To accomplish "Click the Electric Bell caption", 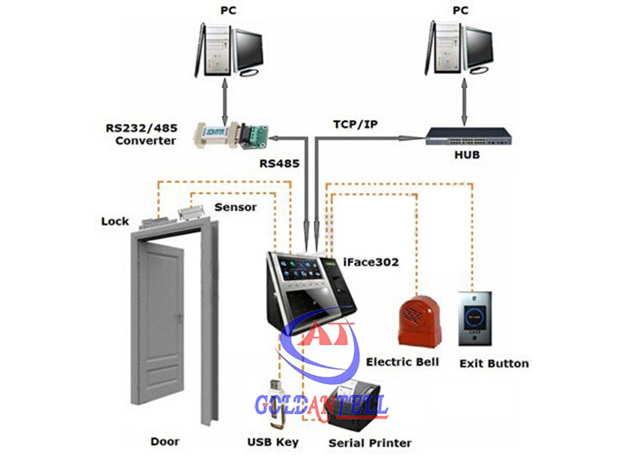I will pos(401,362).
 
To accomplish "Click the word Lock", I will pos(116,221).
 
